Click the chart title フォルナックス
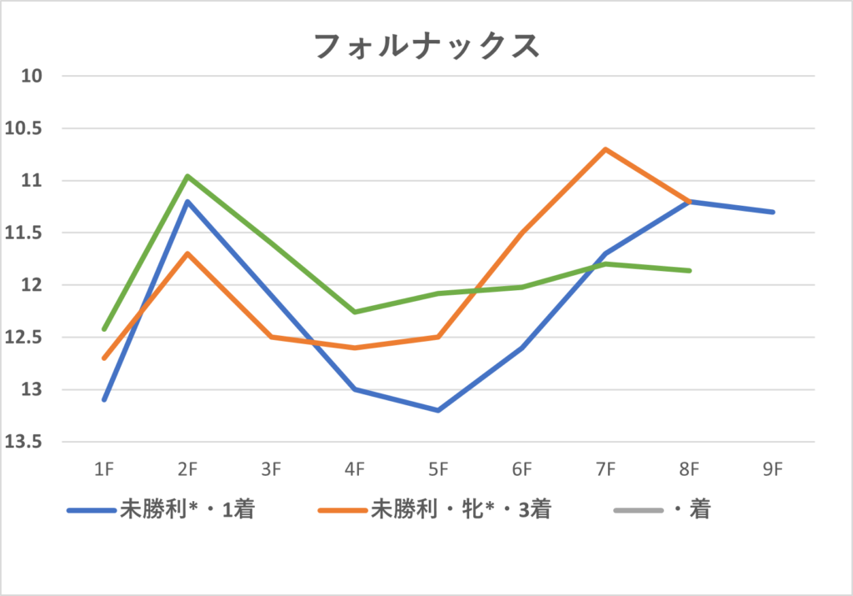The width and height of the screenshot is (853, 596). (426, 46)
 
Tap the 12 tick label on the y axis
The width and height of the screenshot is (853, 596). (33, 285)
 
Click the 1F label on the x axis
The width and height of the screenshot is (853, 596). (104, 469)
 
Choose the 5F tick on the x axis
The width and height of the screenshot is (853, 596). (438, 469)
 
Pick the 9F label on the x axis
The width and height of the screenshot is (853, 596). (772, 469)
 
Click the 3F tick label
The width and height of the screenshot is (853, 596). (271, 469)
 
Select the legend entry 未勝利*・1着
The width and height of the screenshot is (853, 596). (187, 509)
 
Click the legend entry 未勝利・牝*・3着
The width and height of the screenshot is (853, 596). (461, 509)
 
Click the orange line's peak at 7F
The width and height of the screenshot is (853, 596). (606, 149)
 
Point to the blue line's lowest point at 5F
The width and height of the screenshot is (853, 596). (438, 410)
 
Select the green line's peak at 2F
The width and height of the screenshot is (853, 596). (187, 176)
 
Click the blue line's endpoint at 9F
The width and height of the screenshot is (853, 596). (773, 212)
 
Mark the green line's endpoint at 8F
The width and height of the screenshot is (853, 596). (690, 270)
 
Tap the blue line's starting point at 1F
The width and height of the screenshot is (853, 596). (104, 399)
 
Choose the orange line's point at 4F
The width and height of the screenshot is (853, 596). (355, 348)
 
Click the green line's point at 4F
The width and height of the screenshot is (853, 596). (355, 312)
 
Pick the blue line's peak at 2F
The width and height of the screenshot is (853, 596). (187, 202)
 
